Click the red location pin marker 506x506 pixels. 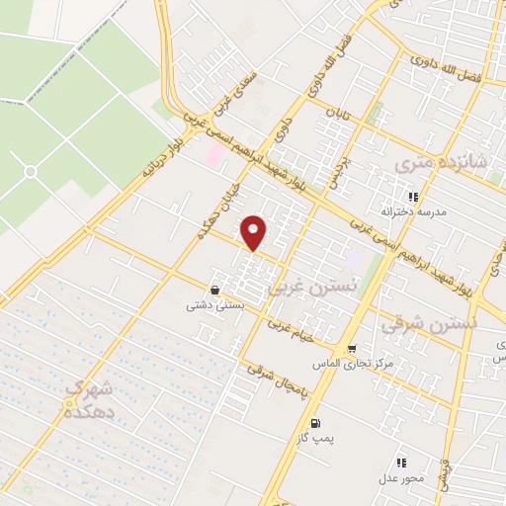tap(254, 232)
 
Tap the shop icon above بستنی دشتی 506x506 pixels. tap(215, 290)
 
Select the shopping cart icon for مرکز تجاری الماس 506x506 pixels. tap(352, 349)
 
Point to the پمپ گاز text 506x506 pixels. tap(309, 435)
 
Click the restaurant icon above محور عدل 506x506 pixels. tap(401, 462)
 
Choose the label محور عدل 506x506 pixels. tap(400, 477)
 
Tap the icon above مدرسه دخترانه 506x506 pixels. tap(414, 197)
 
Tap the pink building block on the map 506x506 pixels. tap(214, 153)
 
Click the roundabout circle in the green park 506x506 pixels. tap(30, 172)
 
